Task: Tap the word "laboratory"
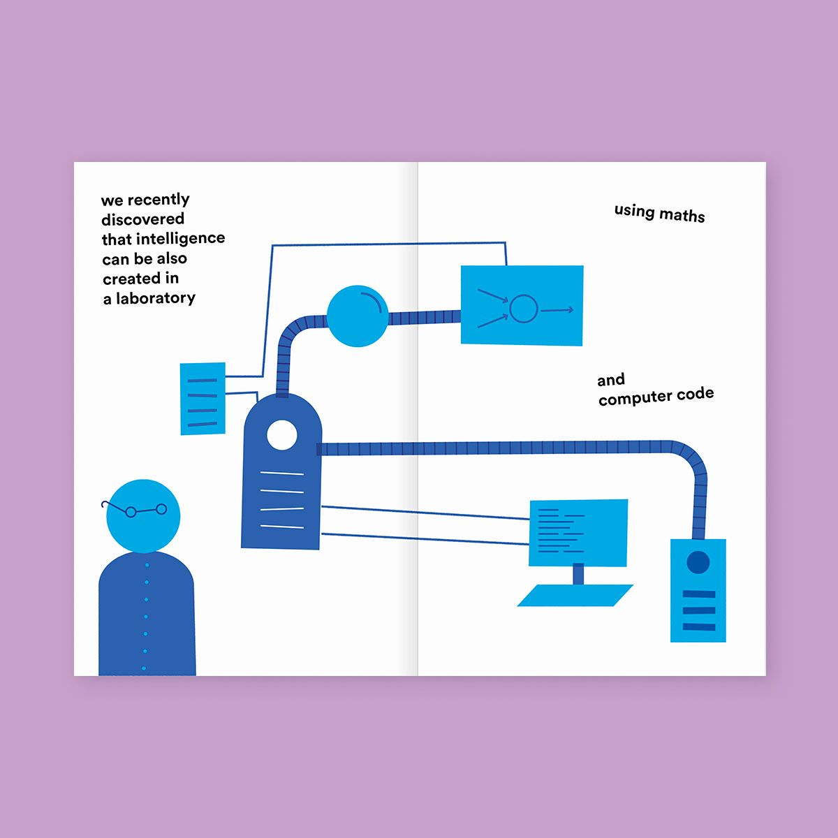(x=155, y=298)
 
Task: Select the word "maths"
(x=682, y=215)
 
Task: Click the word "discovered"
(x=142, y=219)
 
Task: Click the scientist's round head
(x=143, y=516)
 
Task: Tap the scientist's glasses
(x=134, y=509)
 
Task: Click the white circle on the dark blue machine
(x=282, y=435)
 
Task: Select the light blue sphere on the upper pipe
(x=357, y=316)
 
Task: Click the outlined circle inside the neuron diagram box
(x=524, y=309)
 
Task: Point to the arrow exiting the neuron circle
(x=557, y=310)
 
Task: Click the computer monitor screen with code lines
(x=578, y=533)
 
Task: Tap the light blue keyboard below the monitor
(x=575, y=596)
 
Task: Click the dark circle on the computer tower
(x=698, y=562)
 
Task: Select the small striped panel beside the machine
(x=203, y=398)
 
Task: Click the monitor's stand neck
(x=578, y=575)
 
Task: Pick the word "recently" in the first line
(x=159, y=200)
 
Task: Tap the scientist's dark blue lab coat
(x=147, y=613)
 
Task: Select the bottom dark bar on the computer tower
(x=699, y=626)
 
